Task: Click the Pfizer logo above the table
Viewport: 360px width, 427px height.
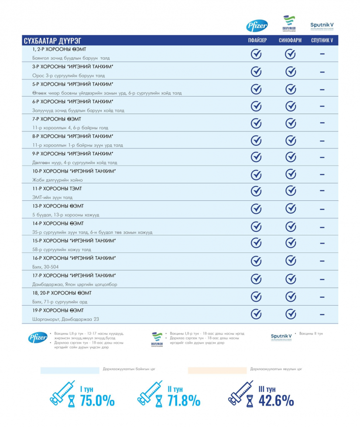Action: tap(257, 26)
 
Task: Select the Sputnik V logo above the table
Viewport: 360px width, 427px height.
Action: tap(322, 26)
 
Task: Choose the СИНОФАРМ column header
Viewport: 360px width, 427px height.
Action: tap(290, 41)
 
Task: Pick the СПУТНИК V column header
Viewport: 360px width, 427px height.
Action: tap(322, 41)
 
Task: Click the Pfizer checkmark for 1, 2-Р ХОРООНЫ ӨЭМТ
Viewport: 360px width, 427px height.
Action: tap(256, 54)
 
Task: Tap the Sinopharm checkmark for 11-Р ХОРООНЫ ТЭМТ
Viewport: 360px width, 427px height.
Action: tap(291, 191)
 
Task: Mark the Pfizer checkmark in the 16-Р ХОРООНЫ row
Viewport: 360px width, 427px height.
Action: tap(256, 261)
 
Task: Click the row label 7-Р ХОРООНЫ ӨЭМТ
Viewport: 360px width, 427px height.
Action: tap(57, 119)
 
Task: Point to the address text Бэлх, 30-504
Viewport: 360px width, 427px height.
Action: tap(45, 267)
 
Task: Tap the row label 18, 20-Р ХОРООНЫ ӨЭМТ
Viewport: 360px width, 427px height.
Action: tap(62, 293)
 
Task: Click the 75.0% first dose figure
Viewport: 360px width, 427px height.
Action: tap(97, 400)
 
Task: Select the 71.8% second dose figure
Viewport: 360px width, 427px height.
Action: tap(183, 400)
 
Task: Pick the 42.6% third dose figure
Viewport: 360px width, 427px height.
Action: tap(276, 400)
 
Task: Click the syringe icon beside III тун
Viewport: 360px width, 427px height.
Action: tap(240, 393)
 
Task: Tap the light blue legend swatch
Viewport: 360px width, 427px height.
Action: tap(70, 370)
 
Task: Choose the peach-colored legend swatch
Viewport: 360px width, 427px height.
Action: tap(217, 370)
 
